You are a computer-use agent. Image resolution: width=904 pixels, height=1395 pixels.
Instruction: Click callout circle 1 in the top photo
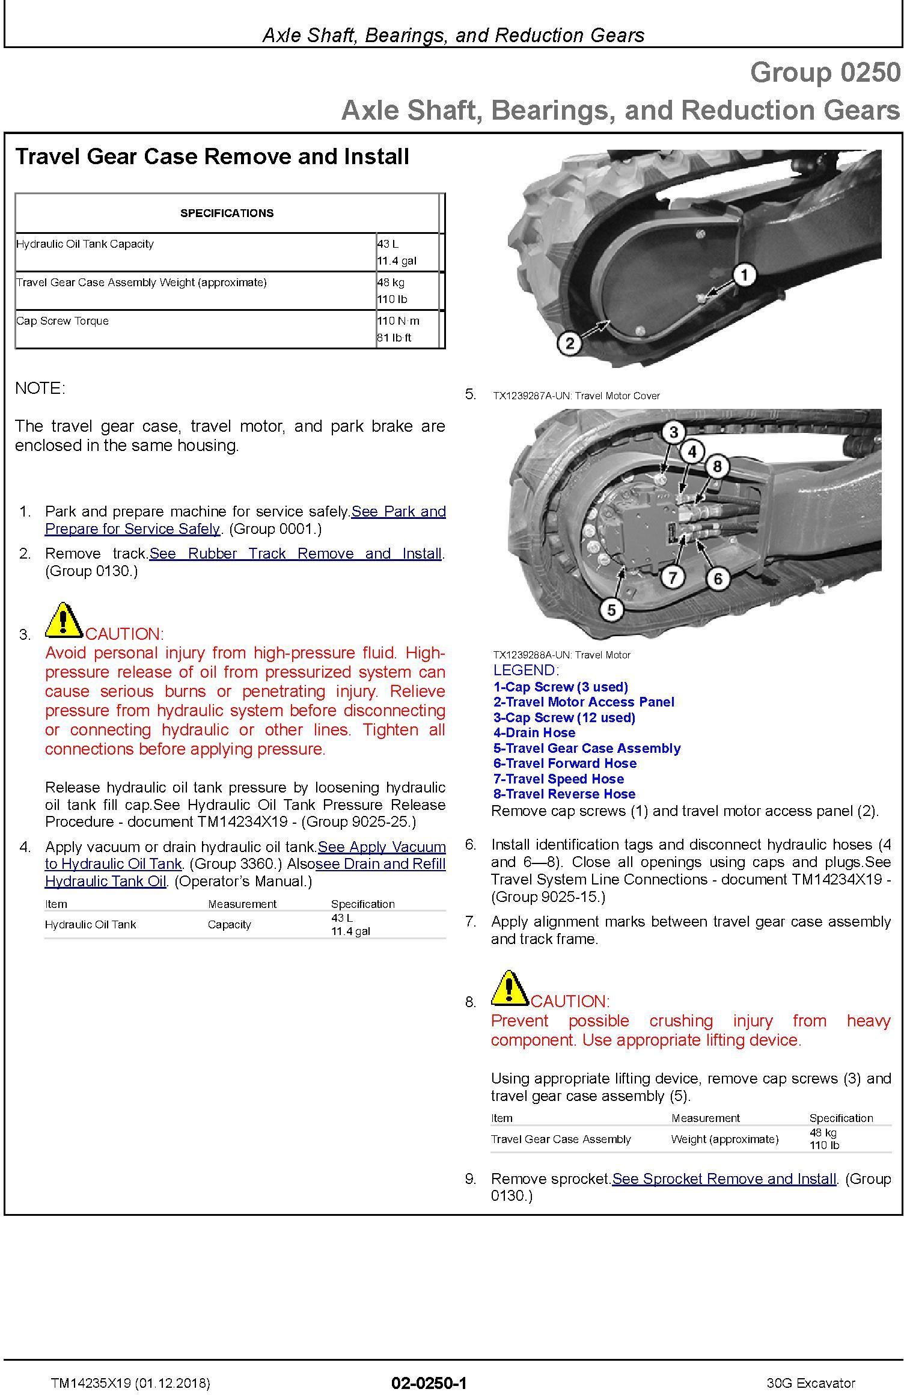(744, 275)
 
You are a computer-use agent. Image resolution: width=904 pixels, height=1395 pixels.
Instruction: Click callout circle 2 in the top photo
(570, 343)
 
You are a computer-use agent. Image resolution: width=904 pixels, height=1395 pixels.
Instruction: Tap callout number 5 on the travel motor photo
(611, 610)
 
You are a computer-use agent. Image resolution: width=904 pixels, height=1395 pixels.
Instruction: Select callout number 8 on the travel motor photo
(717, 466)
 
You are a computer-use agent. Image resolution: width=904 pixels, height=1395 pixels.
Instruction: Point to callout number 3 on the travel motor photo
(673, 432)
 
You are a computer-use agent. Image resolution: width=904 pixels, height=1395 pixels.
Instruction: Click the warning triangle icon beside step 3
(64, 620)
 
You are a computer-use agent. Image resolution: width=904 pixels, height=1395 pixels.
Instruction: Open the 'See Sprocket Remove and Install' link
(724, 1179)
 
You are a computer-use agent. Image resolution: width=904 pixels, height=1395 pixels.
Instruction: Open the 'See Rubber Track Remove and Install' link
(295, 553)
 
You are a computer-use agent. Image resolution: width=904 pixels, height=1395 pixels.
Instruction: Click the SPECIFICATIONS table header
(227, 213)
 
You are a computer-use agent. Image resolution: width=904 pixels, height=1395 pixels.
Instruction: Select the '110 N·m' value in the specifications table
(398, 320)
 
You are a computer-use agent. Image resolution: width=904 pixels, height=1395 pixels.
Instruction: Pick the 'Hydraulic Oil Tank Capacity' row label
(85, 244)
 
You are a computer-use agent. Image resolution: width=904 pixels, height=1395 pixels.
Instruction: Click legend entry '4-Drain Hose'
(534, 732)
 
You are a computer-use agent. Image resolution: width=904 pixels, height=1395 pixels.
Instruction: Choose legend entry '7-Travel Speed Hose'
(558, 779)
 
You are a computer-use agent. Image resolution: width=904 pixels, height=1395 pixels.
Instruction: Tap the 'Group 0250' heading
(825, 73)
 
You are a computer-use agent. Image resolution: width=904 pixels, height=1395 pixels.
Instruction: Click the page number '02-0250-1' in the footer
(429, 1383)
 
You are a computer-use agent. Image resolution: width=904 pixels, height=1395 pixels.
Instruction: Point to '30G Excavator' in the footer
(810, 1383)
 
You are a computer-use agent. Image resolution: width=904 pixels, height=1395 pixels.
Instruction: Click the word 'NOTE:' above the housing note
(40, 388)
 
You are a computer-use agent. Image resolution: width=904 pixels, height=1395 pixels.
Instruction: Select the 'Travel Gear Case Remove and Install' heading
(212, 156)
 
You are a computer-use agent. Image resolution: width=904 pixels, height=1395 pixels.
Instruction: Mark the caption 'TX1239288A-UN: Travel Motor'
(561, 655)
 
